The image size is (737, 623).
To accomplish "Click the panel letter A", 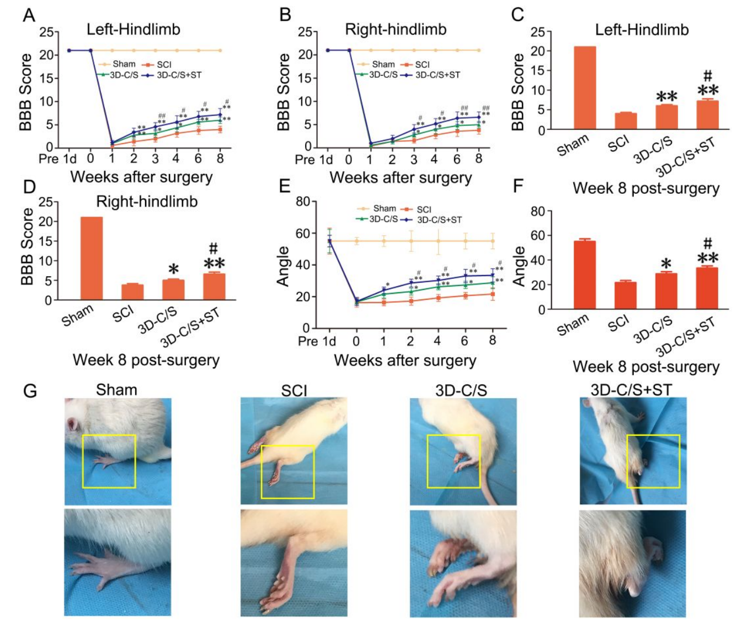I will click(29, 15).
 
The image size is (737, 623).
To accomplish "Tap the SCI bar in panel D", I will click(132, 292).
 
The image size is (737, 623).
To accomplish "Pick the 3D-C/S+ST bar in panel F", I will click(707, 288).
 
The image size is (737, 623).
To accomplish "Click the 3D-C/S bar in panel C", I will click(666, 117).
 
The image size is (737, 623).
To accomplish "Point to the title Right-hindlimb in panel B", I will click(396, 29).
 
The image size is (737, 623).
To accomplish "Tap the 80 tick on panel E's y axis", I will click(302, 202).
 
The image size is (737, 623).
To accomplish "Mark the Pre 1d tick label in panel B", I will click(314, 160).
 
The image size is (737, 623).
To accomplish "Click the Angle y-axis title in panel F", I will click(519, 266).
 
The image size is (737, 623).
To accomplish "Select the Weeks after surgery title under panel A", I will click(141, 177).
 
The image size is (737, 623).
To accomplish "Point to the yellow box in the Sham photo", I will click(109, 461).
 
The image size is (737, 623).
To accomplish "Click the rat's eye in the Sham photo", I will click(72, 424).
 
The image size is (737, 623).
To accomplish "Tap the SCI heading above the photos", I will click(293, 391).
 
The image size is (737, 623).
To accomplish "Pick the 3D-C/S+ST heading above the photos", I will click(631, 390).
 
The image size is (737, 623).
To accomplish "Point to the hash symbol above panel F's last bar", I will click(707, 242).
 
